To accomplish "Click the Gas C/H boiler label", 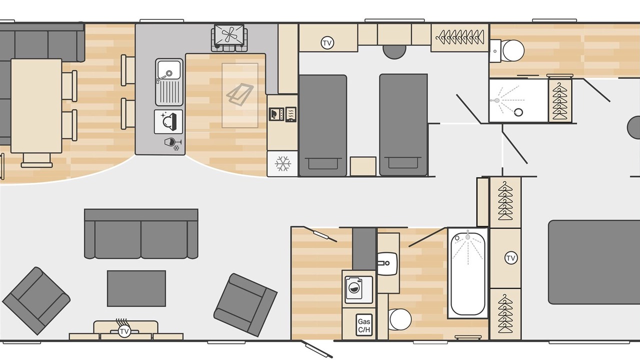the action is (x=364, y=325).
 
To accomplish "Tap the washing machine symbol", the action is (x=359, y=289).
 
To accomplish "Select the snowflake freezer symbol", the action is (x=283, y=163).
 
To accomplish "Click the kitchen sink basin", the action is (x=169, y=69).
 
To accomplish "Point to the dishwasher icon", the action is (x=168, y=121).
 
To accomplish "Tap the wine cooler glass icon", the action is (x=172, y=143).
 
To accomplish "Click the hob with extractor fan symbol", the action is (x=229, y=37).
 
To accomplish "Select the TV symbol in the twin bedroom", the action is (x=327, y=43).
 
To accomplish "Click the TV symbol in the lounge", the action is (x=124, y=331).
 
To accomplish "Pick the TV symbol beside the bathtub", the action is (x=511, y=258).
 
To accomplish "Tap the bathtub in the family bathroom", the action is (x=468, y=273).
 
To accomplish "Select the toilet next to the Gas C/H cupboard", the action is (x=400, y=319).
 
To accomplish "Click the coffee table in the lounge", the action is (x=136, y=288).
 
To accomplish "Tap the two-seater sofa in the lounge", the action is (x=141, y=233).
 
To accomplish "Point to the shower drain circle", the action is (x=518, y=112).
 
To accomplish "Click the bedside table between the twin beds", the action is (x=363, y=166).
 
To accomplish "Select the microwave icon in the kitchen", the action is (x=276, y=114).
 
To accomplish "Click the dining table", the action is (x=36, y=106).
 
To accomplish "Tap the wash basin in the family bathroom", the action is (x=387, y=263).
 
